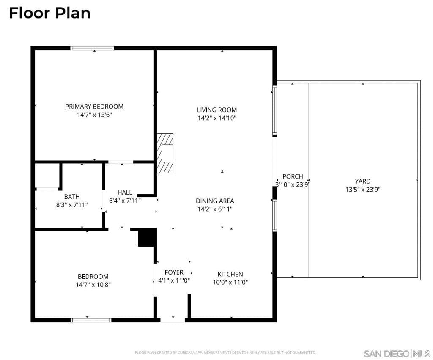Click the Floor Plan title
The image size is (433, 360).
pos(49,13)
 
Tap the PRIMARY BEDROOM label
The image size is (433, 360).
pos(94,107)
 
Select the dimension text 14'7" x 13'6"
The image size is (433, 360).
pos(94,115)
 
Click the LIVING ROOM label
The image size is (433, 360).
pos(216,110)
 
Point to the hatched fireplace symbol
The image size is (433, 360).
pos(165,153)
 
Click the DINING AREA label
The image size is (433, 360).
pos(215,201)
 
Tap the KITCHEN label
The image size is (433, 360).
pos(230,274)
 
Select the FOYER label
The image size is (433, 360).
pos(174,272)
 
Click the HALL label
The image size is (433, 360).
pos(125,192)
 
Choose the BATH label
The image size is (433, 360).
pos(72,197)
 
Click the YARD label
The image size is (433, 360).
pos(363,181)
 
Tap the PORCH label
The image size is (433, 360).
pos(293,176)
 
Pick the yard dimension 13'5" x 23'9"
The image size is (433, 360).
pos(363,190)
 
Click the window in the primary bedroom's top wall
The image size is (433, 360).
pos(92,48)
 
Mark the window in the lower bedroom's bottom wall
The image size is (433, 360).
pos(91,320)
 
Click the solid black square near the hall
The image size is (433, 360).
pos(147,237)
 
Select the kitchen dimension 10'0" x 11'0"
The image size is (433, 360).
pos(230,282)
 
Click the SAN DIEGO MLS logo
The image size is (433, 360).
pos(397,353)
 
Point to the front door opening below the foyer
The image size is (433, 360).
pos(173,319)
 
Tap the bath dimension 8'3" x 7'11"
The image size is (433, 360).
pos(72,205)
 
